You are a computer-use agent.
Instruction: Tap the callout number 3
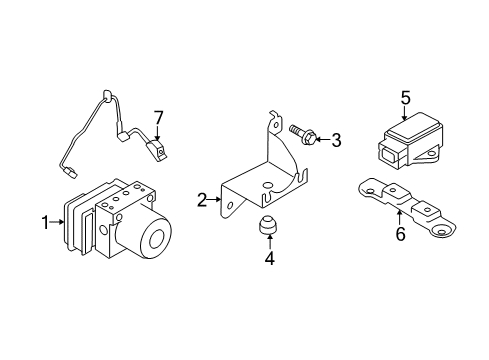[336, 140]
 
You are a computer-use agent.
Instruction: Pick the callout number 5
[405, 97]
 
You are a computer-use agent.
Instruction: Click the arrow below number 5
[405, 113]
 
